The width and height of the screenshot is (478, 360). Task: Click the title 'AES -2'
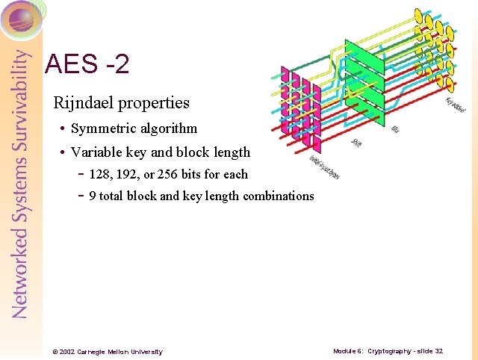click(87, 64)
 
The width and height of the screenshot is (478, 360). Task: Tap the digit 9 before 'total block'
click(92, 196)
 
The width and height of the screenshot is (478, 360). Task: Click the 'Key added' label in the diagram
click(456, 106)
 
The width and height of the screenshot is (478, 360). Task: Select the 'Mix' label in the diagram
click(395, 128)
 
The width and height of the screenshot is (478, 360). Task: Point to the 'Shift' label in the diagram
click(357, 142)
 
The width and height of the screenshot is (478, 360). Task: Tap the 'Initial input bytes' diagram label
click(324, 167)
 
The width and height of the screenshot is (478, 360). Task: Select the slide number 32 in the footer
click(438, 351)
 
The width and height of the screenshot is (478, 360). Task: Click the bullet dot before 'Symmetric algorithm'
click(63, 129)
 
